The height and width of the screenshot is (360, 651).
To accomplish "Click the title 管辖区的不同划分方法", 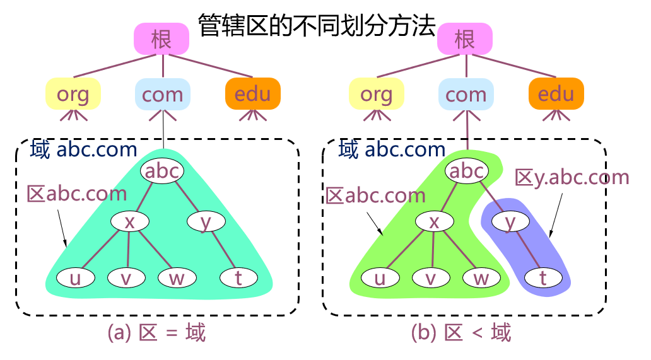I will tap(317, 25).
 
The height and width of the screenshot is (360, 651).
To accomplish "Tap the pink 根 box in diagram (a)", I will tap(161, 39).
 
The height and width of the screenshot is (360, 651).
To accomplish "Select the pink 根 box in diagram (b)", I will tap(465, 39).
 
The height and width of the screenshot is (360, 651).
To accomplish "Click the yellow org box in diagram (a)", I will tap(73, 95).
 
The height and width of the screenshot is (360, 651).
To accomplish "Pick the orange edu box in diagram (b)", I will tap(556, 95).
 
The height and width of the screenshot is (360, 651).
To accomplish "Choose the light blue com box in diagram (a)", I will tap(163, 95).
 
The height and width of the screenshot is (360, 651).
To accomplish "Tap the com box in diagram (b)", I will tap(466, 95).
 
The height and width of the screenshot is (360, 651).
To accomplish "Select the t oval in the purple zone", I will tap(543, 278).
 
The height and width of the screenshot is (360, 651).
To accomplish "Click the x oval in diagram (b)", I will tap(433, 221).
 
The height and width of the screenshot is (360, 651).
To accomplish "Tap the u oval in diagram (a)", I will tap(75, 278).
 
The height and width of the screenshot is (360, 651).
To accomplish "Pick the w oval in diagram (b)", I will tap(481, 278).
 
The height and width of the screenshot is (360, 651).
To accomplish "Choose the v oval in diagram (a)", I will tap(126, 278).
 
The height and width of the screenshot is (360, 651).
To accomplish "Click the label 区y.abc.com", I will tap(572, 177).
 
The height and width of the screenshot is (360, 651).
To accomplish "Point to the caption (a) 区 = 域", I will tap(156, 332).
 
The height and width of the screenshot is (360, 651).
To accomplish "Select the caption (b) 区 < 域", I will tap(460, 332).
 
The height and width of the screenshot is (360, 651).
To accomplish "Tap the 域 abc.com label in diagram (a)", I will tap(83, 149).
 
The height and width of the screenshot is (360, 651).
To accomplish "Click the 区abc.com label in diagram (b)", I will tap(376, 195).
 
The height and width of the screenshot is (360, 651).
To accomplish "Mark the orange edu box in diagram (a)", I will tap(252, 95).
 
